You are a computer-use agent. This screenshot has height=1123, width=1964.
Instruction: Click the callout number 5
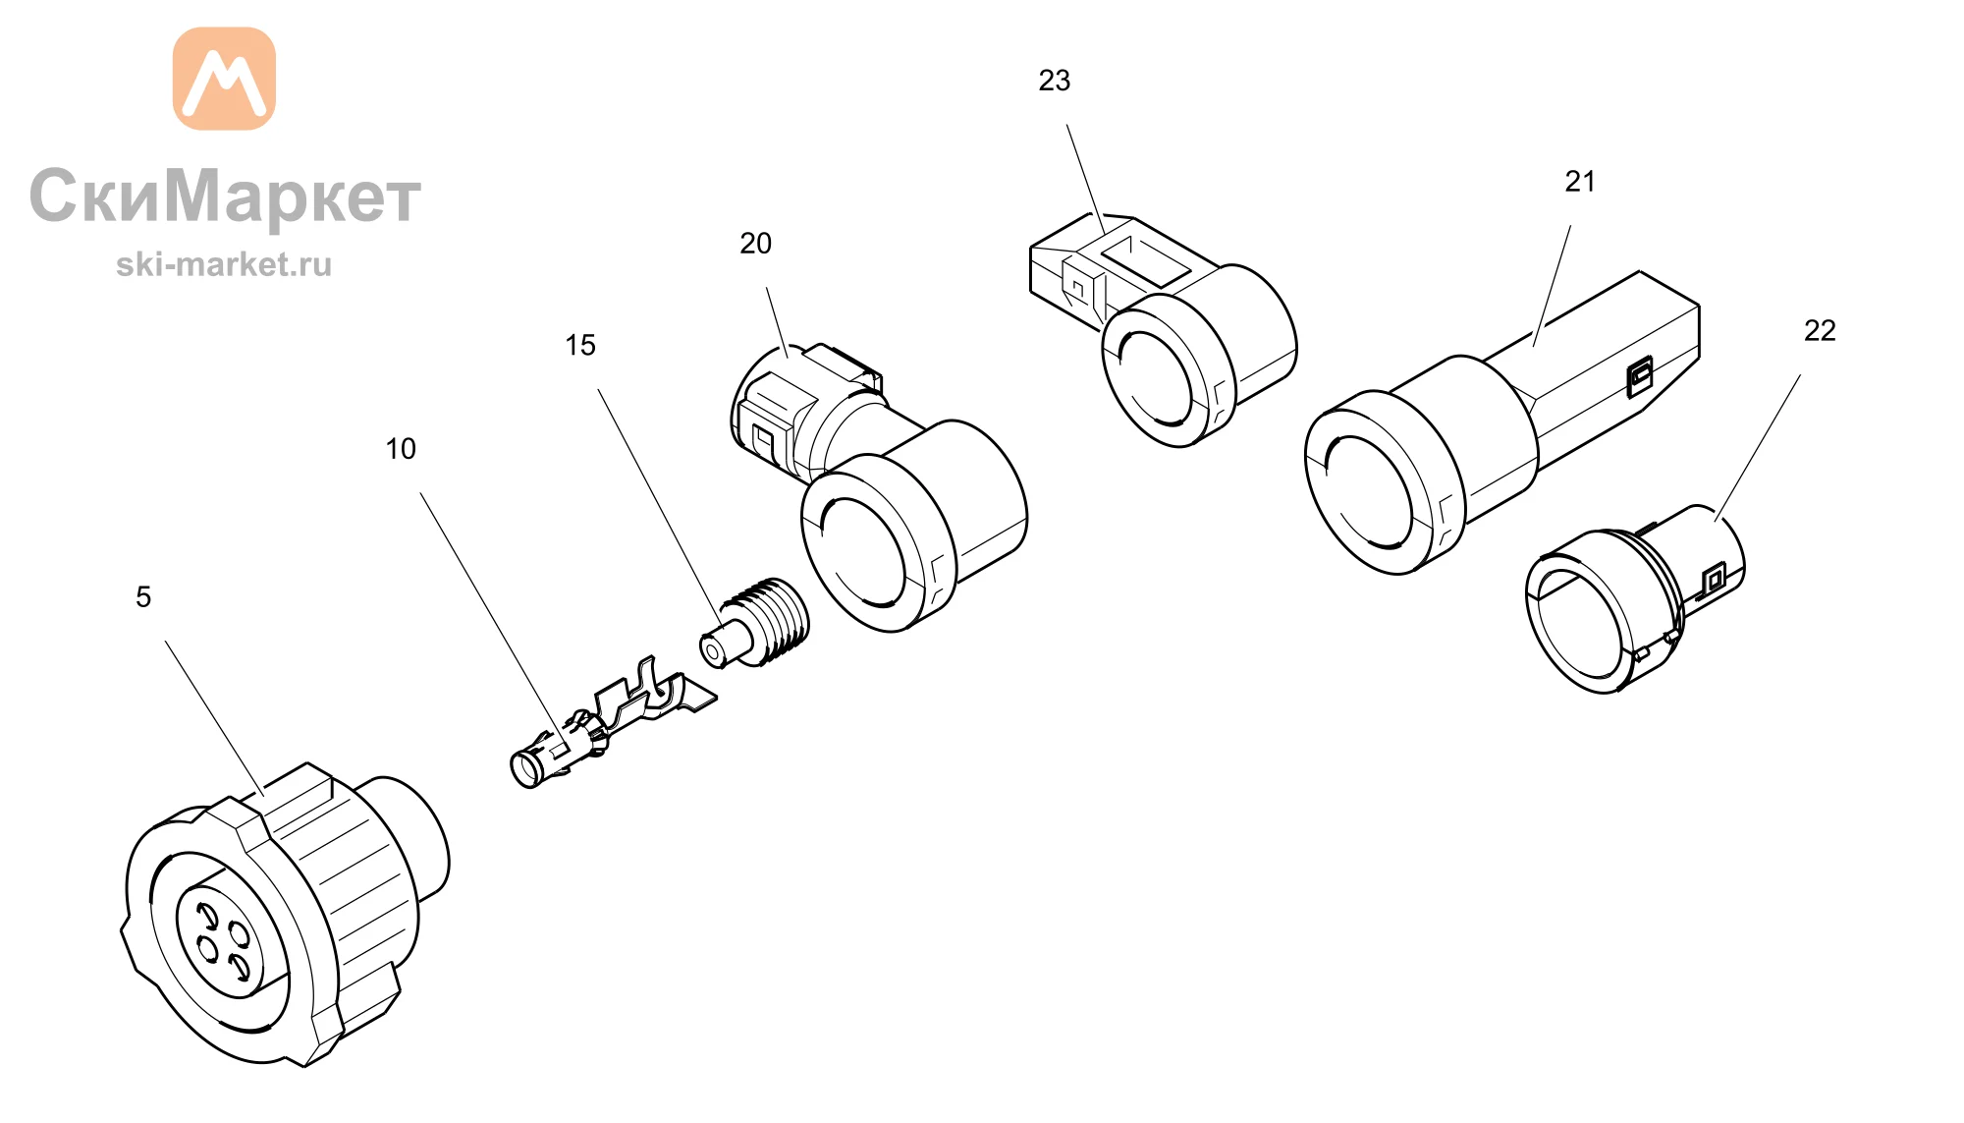143,597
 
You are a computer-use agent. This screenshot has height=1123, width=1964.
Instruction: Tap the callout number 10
401,449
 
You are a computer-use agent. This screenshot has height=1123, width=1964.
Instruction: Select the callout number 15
580,345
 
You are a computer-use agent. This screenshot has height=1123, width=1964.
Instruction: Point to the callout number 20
755,244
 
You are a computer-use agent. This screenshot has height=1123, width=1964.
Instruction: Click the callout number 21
1580,182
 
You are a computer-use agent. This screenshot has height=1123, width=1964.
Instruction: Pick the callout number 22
1820,331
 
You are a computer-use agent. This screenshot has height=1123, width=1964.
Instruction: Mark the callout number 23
1055,81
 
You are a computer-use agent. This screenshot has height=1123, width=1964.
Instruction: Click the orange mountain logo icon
224,79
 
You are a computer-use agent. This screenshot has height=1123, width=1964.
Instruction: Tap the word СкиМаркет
225,197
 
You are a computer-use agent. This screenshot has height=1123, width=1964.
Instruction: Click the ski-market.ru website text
224,264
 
